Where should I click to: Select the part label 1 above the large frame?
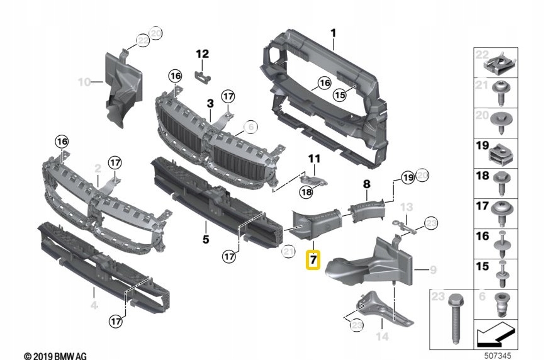click(334, 33)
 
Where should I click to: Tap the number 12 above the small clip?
click(201, 54)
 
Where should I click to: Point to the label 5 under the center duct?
click(205, 239)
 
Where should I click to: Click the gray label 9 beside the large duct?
click(433, 270)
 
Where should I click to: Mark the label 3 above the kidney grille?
click(210, 102)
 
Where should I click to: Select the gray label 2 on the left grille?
click(98, 168)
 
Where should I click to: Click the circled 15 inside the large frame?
click(340, 95)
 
